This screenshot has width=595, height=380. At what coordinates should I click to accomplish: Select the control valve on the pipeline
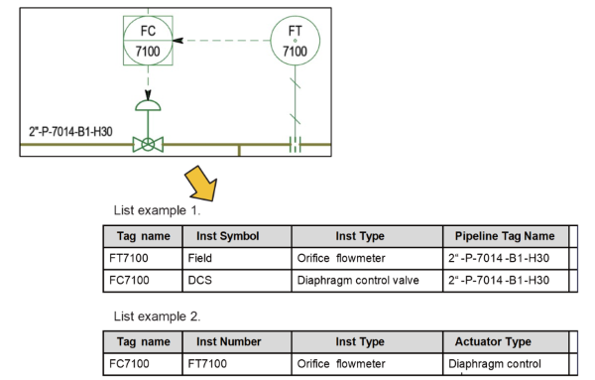(x=149, y=144)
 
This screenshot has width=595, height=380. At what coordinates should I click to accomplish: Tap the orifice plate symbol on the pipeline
(x=296, y=145)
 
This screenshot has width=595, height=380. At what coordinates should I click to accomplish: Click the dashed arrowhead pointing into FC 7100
(x=178, y=41)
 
